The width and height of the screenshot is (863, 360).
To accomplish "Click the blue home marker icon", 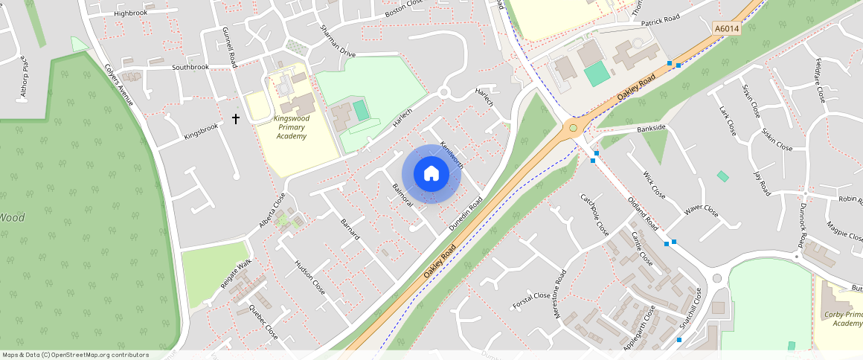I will [431, 174].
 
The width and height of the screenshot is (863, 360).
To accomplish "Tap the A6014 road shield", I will [726, 28].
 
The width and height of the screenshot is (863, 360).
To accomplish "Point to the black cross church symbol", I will [237, 118].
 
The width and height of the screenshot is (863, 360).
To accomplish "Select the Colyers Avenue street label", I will [118, 81].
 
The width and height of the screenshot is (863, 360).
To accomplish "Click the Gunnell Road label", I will [229, 46].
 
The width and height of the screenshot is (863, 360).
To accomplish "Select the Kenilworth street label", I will [452, 154].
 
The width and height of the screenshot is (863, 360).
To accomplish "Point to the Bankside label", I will [651, 129].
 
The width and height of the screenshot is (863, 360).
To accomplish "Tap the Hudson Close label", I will [309, 277].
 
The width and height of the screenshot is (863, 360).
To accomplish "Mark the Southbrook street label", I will [190, 68].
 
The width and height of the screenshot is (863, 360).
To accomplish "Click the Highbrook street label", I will [131, 13].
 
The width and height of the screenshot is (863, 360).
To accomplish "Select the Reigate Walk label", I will [236, 274].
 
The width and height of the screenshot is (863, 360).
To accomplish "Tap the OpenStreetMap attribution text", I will [75, 355].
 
